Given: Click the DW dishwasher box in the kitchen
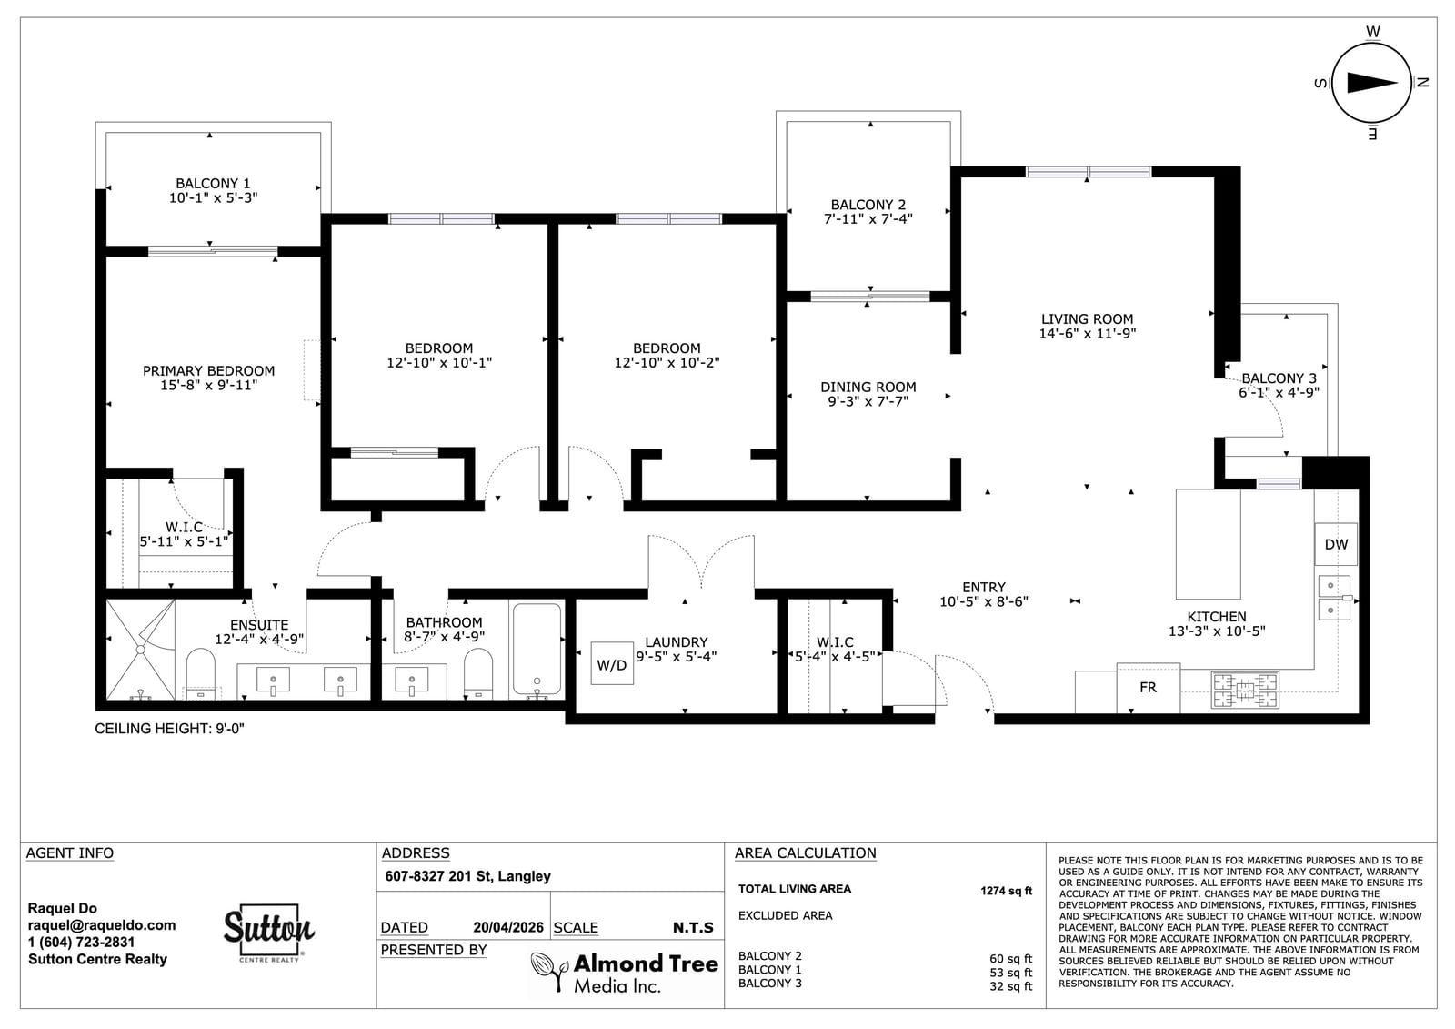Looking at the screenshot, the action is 1336,545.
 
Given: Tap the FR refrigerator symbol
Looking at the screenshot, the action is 1148,688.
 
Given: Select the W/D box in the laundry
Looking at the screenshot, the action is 612,663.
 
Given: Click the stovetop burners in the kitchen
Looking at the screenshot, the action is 1245,690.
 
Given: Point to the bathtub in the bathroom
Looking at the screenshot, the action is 537,650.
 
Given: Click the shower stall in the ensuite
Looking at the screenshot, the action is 140,650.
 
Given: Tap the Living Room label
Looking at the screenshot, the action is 1087,319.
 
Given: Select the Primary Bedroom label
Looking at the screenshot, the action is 208,370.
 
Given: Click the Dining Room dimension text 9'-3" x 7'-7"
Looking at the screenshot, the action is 868,401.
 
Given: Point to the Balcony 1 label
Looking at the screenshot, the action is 213,183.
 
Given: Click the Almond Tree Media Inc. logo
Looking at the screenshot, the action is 625,973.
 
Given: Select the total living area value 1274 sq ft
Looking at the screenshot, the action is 1006,891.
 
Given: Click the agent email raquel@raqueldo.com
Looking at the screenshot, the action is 102,925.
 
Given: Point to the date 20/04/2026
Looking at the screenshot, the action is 508,928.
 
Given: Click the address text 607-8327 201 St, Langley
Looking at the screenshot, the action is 467,876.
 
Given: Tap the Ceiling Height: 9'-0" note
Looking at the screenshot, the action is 169,729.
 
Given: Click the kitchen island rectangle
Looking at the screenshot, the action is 1209,544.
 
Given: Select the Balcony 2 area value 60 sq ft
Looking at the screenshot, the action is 1010,959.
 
